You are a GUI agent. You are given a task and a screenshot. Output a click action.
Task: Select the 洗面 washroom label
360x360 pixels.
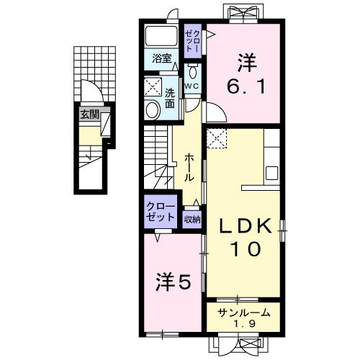point(169,98)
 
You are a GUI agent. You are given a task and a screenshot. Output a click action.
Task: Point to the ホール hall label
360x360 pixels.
point(188,166)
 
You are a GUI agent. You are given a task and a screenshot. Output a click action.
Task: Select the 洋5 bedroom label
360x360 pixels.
point(174,283)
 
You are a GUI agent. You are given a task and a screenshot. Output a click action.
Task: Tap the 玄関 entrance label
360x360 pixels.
point(89,114)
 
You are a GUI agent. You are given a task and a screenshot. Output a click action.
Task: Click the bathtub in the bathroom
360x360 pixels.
point(161,36)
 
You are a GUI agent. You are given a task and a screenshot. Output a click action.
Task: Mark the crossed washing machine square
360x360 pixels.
point(153,88)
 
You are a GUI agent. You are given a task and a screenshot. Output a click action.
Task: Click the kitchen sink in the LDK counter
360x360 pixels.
point(272,173)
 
